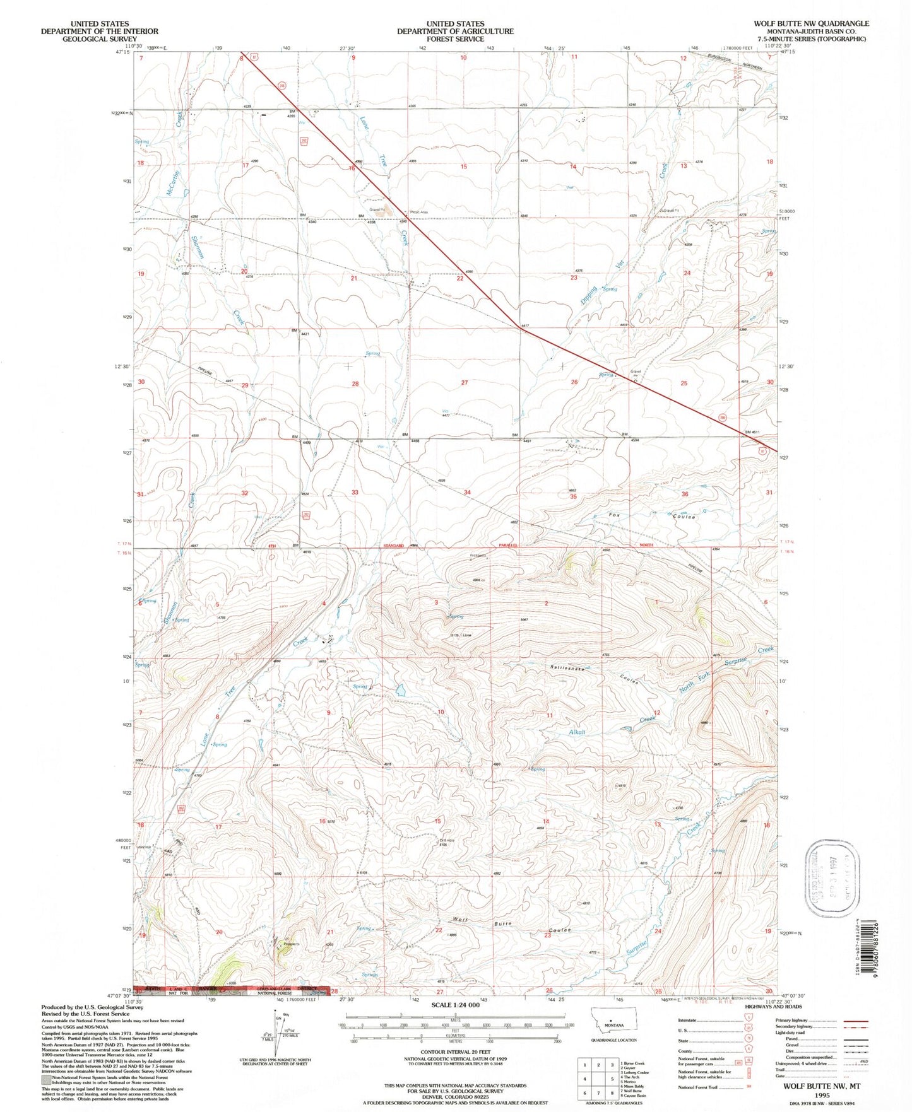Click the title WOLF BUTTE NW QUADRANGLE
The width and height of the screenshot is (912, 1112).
(810, 23)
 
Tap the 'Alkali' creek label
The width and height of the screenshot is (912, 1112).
(577, 732)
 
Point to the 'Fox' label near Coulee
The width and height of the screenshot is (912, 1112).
(614, 515)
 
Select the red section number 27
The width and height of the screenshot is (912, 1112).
(465, 383)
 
